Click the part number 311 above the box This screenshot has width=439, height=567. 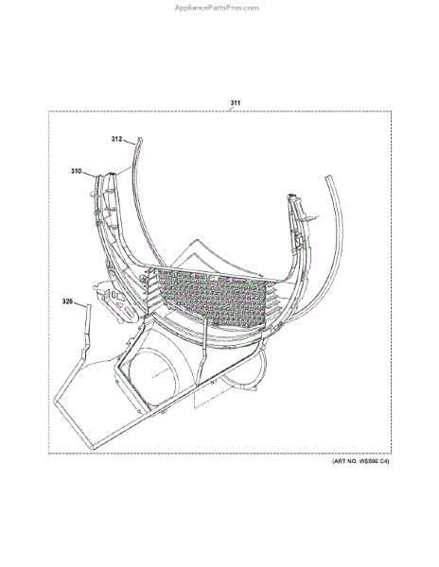tap(236, 103)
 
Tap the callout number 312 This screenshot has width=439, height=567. tap(116, 139)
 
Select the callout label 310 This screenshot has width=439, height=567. tap(76, 171)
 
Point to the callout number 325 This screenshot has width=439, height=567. tap(67, 301)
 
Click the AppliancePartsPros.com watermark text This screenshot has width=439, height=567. tap(217, 8)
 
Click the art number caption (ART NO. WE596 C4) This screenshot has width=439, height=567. tap(360, 461)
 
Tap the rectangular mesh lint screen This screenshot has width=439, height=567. tap(212, 296)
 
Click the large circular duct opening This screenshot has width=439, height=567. tap(154, 376)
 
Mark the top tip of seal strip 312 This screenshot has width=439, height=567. tap(140, 139)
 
